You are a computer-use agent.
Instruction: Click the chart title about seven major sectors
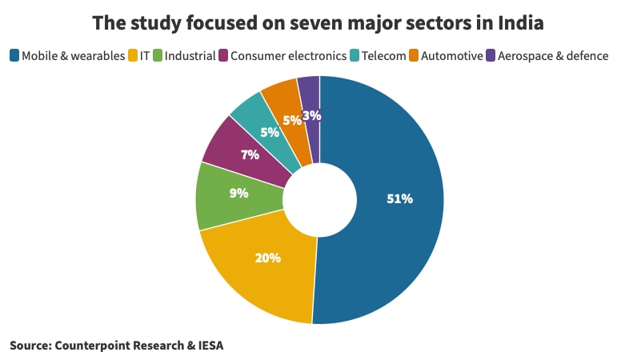point(318,22)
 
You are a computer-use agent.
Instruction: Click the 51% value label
point(399,198)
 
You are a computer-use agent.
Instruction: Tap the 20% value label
point(267,258)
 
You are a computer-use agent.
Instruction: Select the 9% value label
point(238,193)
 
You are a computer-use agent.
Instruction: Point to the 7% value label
point(250,154)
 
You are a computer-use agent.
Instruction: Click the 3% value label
point(312,115)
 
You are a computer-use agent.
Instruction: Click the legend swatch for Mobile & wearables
point(14,55)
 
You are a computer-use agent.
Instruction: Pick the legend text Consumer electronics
point(289,56)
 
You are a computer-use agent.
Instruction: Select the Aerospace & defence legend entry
point(553,56)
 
